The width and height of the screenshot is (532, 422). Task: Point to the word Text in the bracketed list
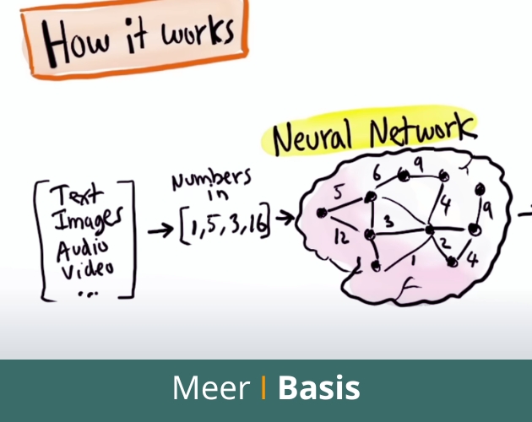tap(73, 197)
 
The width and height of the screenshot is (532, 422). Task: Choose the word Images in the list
tap(88, 222)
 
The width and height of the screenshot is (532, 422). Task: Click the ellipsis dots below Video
tap(87, 293)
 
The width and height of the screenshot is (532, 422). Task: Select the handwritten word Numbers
tap(210, 181)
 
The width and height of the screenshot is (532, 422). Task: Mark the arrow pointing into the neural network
tap(285, 219)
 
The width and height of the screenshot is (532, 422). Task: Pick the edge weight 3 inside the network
tap(390, 222)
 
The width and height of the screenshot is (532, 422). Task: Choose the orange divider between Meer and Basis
tap(264, 388)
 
